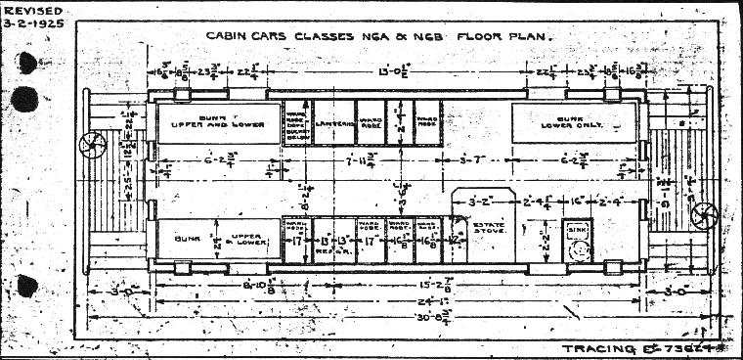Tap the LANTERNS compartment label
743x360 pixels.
[x=334, y=111]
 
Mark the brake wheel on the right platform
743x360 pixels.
[x=702, y=215]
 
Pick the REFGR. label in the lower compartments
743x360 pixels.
[x=327, y=251]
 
